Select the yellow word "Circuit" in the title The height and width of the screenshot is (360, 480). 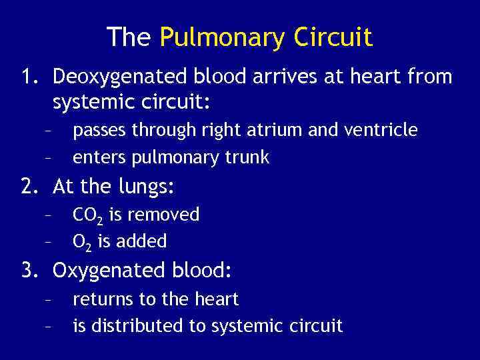click(x=333, y=37)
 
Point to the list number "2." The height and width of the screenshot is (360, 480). click(x=31, y=187)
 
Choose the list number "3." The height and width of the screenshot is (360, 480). click(x=31, y=271)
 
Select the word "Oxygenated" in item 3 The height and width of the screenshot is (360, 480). click(x=108, y=271)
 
